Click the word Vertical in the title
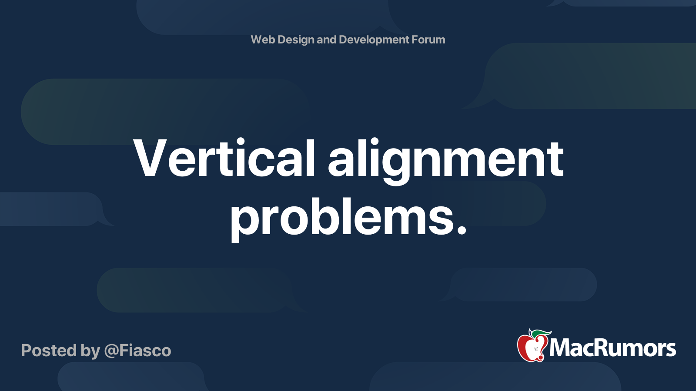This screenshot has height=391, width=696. pyautogui.click(x=224, y=159)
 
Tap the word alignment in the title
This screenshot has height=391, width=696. pyautogui.click(x=446, y=160)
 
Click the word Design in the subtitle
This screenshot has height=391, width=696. pyautogui.click(x=296, y=40)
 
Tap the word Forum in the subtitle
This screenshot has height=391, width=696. pyautogui.click(x=428, y=40)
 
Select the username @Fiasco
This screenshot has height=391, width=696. pyautogui.click(x=138, y=351)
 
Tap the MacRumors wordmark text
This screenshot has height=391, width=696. pyautogui.click(x=612, y=348)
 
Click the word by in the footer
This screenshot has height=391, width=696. pyautogui.click(x=90, y=351)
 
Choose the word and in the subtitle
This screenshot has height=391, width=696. pyautogui.click(x=326, y=40)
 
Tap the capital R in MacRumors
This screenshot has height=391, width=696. pyautogui.click(x=600, y=348)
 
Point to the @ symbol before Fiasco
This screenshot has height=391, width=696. pyautogui.click(x=111, y=351)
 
